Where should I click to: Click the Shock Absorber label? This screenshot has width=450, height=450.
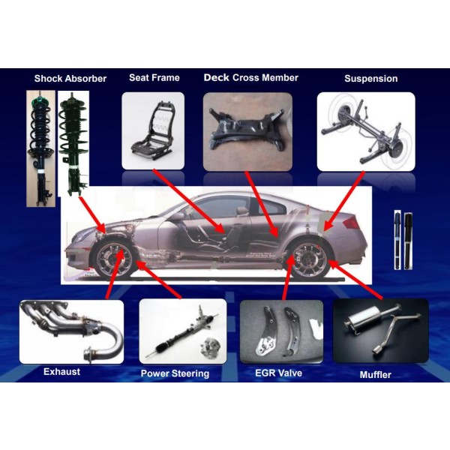(70, 79)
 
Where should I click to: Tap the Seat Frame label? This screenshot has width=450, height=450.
(154, 78)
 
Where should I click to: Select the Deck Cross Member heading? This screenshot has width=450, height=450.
(250, 78)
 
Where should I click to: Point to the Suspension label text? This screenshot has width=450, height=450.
(371, 79)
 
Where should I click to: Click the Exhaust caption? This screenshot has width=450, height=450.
(61, 372)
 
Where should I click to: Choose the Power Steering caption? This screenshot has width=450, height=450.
(175, 373)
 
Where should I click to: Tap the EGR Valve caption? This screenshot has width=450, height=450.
(279, 373)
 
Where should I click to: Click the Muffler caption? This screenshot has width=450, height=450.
(376, 374)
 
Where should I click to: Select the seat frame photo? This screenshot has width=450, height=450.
(153, 130)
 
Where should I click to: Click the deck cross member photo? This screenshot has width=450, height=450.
(247, 132)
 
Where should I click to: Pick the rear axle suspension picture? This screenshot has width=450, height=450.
(366, 132)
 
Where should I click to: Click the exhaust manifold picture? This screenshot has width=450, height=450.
(71, 331)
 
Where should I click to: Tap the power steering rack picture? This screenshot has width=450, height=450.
(183, 331)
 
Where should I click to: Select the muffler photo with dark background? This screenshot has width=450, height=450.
(380, 331)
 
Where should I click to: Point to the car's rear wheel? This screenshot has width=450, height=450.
(310, 259)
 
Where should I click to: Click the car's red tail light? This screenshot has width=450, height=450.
(352, 223)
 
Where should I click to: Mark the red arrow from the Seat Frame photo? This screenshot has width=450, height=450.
(189, 201)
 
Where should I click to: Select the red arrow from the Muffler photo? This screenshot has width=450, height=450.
(355, 279)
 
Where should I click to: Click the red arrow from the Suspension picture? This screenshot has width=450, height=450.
(343, 201)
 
